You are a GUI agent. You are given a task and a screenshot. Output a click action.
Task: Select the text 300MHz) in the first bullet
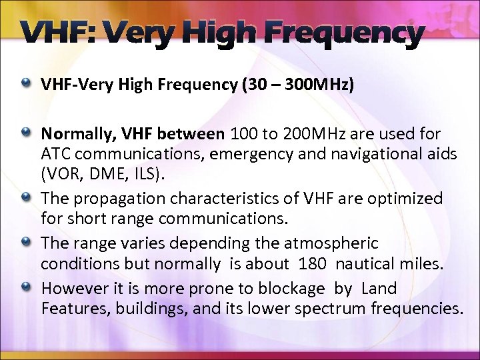[327, 85]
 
